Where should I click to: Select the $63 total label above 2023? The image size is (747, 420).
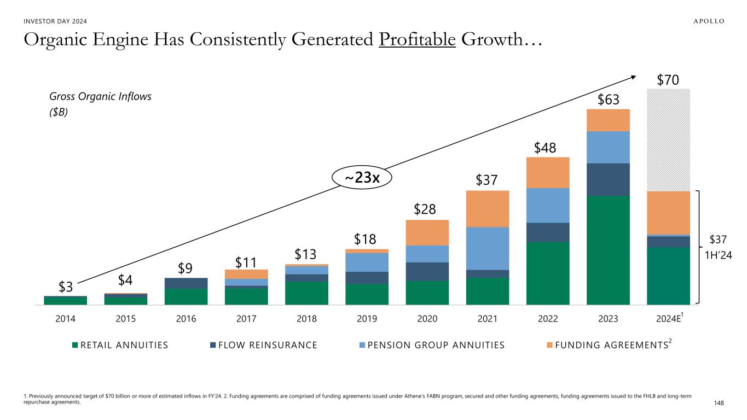click(x=608, y=100)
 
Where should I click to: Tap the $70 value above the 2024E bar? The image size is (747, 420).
click(x=668, y=80)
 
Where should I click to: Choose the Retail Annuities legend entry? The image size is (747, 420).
click(x=120, y=345)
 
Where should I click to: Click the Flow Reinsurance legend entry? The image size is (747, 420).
click(x=264, y=345)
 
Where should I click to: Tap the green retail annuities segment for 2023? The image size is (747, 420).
click(x=608, y=250)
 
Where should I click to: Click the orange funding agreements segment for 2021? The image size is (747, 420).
click(x=488, y=208)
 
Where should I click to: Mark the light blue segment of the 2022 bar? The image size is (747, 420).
click(x=548, y=205)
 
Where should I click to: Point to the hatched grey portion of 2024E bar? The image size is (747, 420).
click(x=668, y=139)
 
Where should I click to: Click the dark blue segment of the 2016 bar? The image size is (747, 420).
click(x=186, y=283)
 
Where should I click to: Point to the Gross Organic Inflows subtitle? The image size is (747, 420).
click(x=100, y=96)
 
